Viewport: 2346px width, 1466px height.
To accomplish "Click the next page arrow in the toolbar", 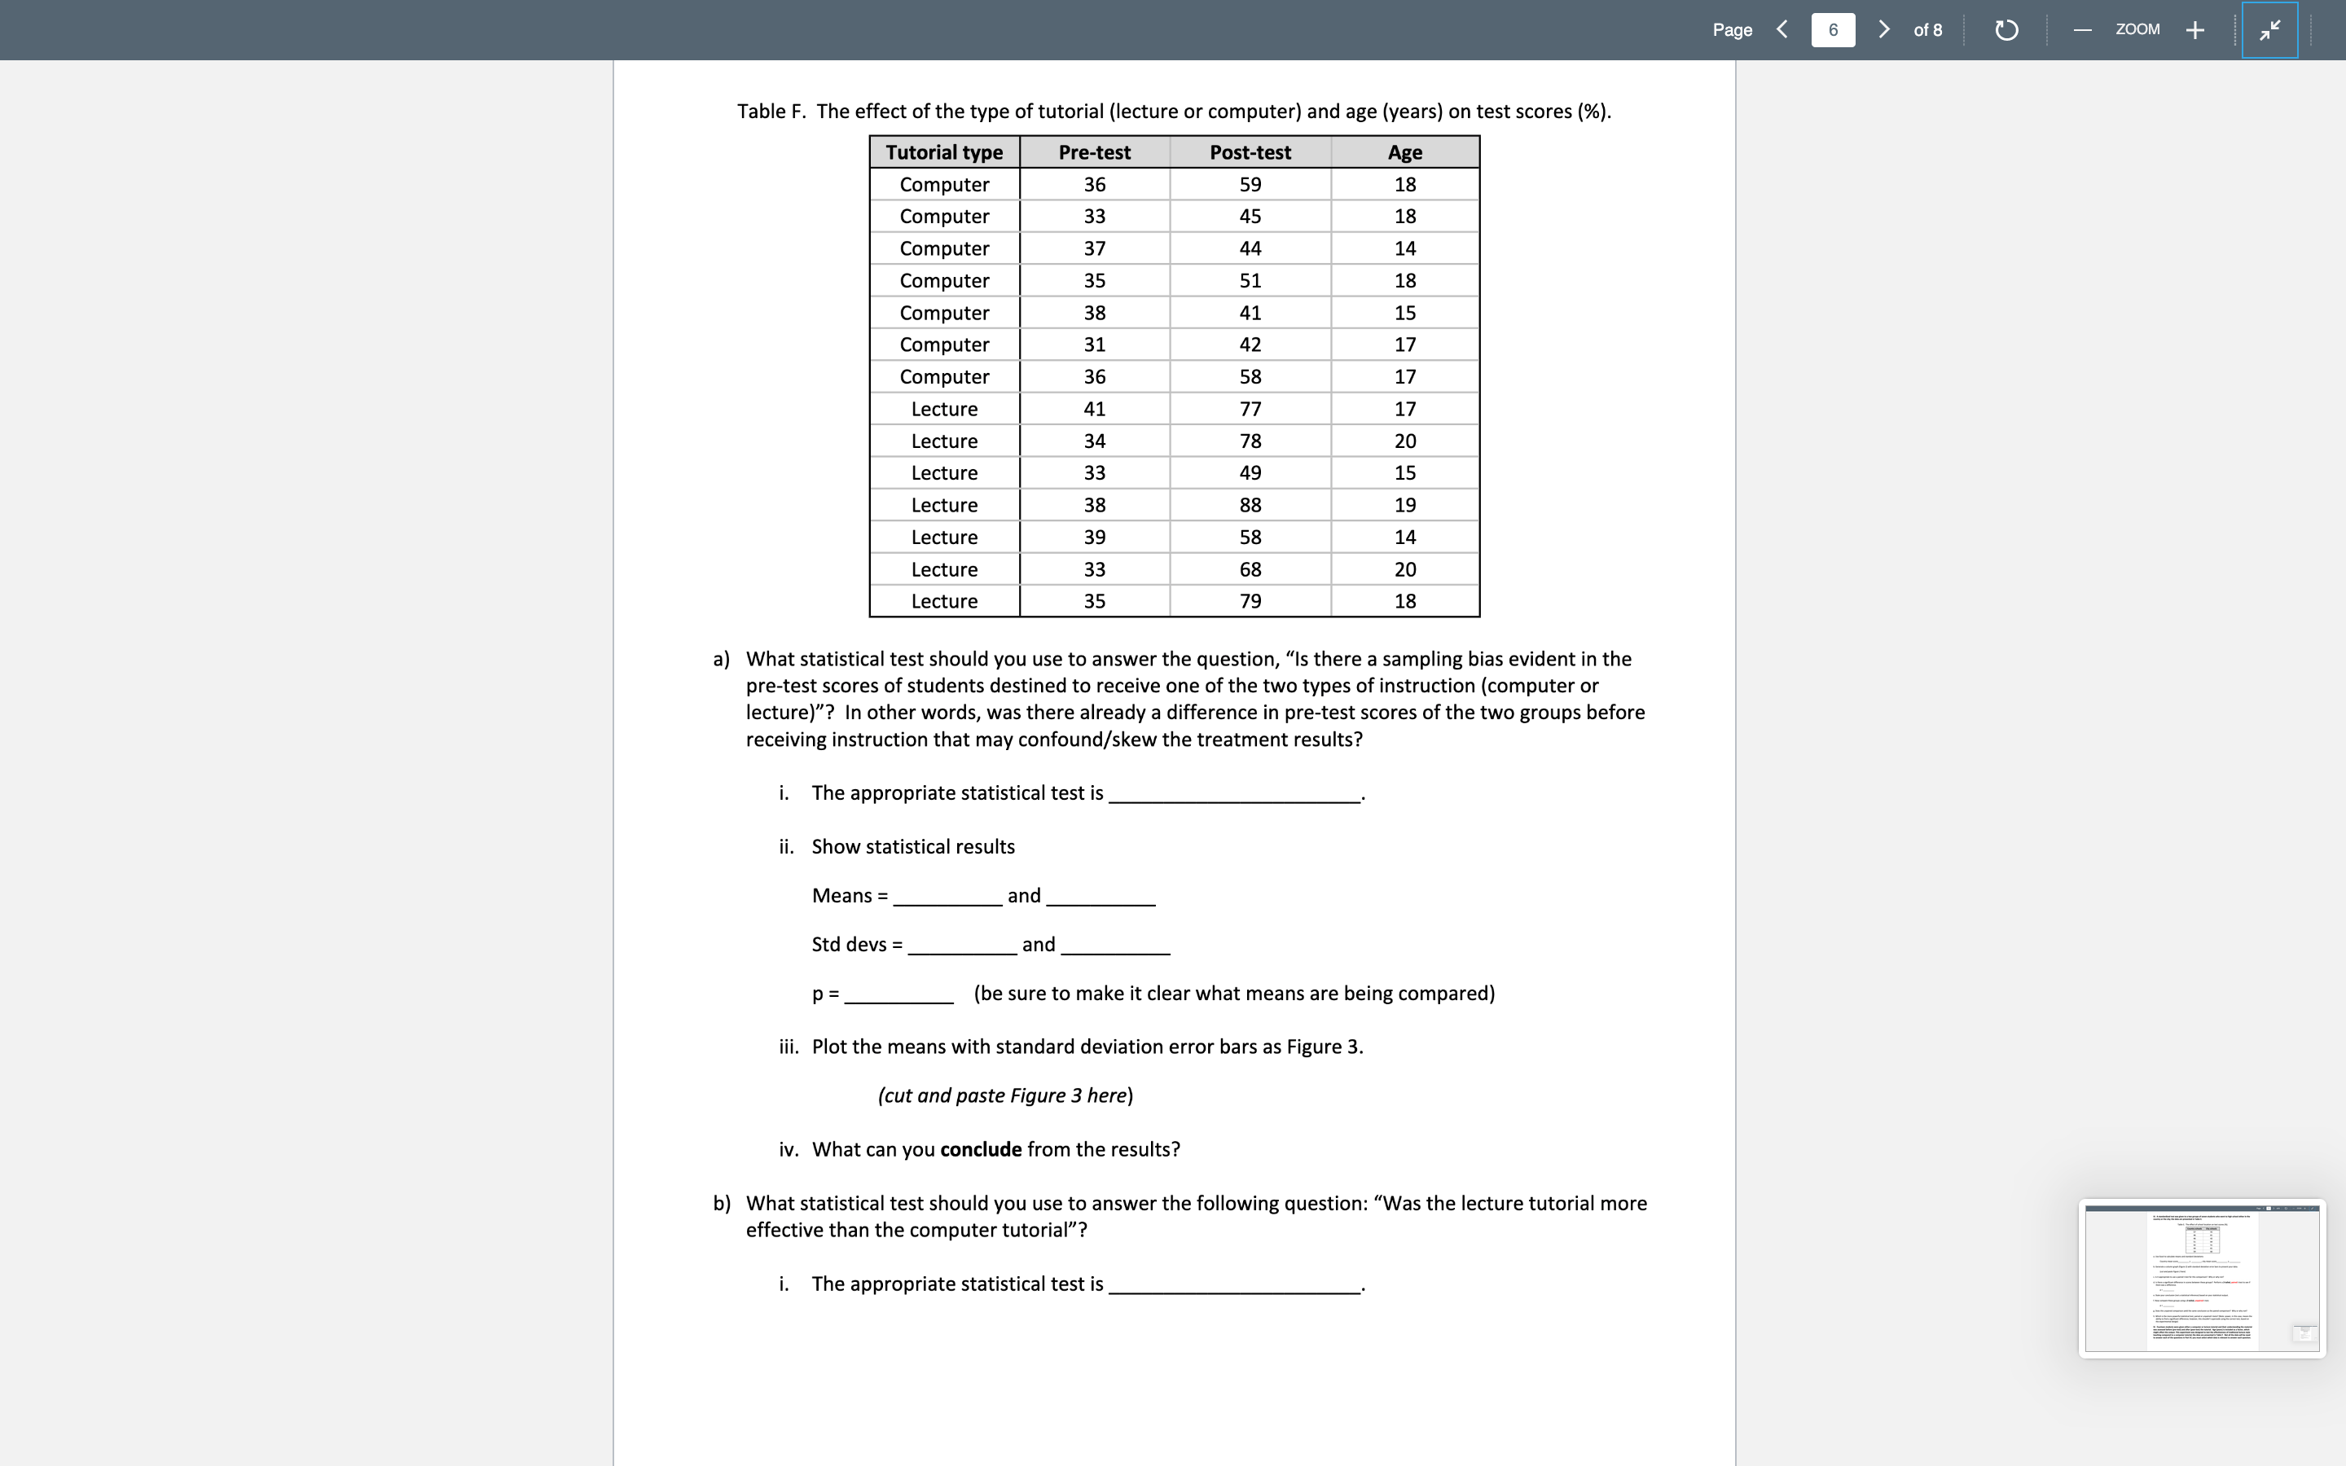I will tap(1883, 30).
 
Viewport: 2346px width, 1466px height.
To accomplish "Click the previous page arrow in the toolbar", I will tap(1781, 30).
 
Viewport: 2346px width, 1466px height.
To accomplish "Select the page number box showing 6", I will tap(1832, 30).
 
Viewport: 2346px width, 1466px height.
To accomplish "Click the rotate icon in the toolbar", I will tap(2006, 30).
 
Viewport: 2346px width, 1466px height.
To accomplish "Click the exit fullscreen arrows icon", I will tap(2269, 30).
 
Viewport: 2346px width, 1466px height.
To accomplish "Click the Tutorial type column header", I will tap(944, 152).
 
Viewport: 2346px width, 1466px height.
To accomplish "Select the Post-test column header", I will tap(1250, 152).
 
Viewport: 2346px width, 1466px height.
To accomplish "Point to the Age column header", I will tap(1404, 152).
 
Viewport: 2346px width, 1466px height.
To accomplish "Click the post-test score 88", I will tap(1250, 505).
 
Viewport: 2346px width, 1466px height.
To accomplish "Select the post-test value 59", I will tap(1250, 184).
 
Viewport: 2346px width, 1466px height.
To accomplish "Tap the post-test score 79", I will tap(1250, 601).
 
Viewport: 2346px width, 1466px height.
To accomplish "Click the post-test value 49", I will tap(1250, 473).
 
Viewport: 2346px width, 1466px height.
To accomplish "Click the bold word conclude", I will tap(980, 1150).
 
